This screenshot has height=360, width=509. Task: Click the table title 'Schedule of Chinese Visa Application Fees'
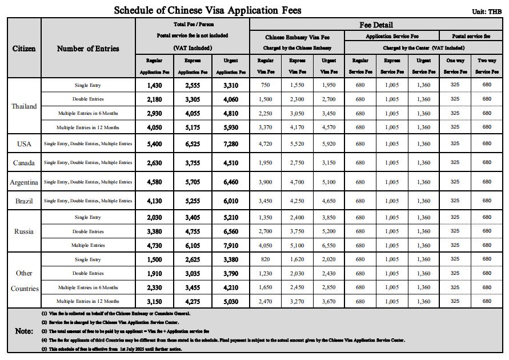207,10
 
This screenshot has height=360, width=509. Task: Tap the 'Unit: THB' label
487,11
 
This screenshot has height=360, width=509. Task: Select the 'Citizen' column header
24,49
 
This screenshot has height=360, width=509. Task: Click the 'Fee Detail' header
376,25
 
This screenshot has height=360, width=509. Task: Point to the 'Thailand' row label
24,106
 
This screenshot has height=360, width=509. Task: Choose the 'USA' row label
24,144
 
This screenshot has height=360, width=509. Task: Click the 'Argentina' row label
24,182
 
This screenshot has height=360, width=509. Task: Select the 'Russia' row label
24,231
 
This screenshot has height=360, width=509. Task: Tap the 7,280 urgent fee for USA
231,144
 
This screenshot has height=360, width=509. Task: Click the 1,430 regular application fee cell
154,85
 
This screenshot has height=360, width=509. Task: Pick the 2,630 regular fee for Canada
154,163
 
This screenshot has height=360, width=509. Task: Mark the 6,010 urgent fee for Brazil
231,201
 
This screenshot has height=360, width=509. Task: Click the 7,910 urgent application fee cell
231,246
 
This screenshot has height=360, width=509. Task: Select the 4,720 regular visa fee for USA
266,144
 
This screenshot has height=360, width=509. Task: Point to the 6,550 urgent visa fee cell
328,246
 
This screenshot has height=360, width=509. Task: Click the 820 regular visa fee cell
266,260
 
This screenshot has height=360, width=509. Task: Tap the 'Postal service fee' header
471,36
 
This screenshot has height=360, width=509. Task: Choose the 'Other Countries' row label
24,281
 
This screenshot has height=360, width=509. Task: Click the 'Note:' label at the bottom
24,331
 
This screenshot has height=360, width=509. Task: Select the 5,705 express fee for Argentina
193,182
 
